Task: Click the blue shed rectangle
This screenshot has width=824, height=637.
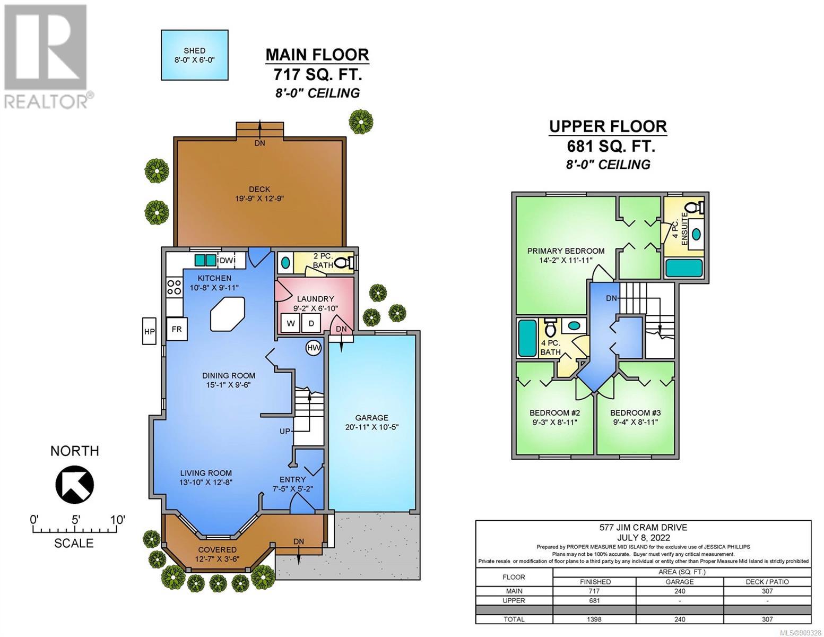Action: [195, 55]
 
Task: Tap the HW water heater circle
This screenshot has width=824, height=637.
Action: [313, 348]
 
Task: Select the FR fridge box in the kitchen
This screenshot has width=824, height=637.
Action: [177, 329]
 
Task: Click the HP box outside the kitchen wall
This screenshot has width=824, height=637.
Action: [149, 331]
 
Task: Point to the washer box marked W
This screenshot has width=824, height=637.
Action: [290, 324]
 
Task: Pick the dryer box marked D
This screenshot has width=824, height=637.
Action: [311, 324]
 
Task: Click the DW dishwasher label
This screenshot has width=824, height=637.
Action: [227, 260]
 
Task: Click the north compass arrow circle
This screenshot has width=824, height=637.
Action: [74, 484]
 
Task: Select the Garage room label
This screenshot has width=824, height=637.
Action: [371, 417]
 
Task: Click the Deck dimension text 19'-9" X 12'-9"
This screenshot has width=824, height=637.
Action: [259, 199]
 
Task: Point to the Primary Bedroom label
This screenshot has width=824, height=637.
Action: [566, 251]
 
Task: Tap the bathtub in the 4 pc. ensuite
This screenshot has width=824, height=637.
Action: [684, 268]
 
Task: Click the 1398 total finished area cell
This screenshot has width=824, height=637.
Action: [594, 619]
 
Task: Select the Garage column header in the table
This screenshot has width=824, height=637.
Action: [680, 582]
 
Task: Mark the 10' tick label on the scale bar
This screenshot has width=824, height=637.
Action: [118, 519]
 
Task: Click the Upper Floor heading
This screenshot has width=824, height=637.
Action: [608, 127]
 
